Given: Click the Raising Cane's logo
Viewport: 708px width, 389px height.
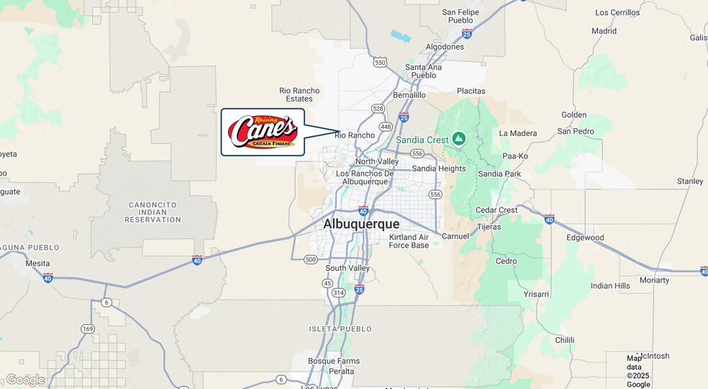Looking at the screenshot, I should (263, 132).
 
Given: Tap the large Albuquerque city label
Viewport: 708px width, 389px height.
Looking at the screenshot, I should (361, 224).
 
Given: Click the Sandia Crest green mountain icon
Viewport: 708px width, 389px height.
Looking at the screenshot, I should (459, 139).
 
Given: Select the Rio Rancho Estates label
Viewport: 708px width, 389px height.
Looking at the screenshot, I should (299, 94).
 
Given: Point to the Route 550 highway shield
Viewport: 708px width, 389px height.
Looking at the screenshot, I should (380, 63).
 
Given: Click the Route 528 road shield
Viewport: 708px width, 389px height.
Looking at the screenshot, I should (378, 108).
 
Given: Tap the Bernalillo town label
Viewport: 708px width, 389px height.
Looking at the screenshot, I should (409, 95).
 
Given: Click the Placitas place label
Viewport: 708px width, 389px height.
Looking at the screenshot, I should (471, 91).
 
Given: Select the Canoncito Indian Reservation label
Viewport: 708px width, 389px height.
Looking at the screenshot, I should (153, 212).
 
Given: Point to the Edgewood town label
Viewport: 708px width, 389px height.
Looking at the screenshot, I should (585, 238).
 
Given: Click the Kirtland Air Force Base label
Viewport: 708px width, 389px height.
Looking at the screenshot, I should (409, 241).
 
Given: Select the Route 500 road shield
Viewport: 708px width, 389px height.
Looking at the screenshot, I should (311, 259).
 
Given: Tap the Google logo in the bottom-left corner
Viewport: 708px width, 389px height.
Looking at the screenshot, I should (25, 380).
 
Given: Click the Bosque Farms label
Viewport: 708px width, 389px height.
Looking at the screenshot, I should (333, 361).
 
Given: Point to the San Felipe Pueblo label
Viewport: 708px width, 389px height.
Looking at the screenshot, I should (460, 17).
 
